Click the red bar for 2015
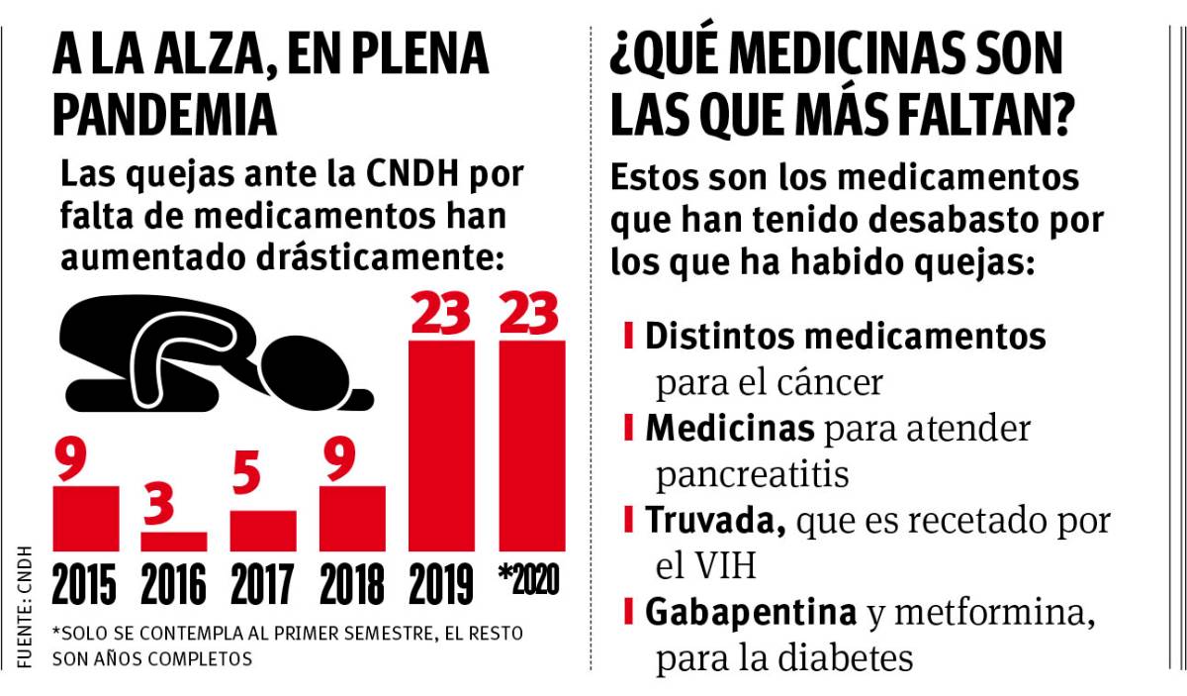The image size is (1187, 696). pyautogui.click(x=86, y=518)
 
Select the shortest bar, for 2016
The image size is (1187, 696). pyautogui.click(x=174, y=542)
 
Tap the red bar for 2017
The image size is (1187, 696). pyautogui.click(x=263, y=531)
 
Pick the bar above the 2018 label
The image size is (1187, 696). pyautogui.click(x=352, y=518)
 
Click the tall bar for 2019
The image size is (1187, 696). pyautogui.click(x=441, y=446)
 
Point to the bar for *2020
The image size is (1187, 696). pyautogui.click(x=532, y=446)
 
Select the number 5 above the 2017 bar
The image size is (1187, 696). pyautogui.click(x=247, y=475)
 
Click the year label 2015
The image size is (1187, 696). pyautogui.click(x=86, y=585)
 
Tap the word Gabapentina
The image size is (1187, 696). pyautogui.click(x=751, y=613)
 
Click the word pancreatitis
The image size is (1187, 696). pyautogui.click(x=753, y=474)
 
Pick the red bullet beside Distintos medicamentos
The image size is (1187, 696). pyautogui.click(x=629, y=335)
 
